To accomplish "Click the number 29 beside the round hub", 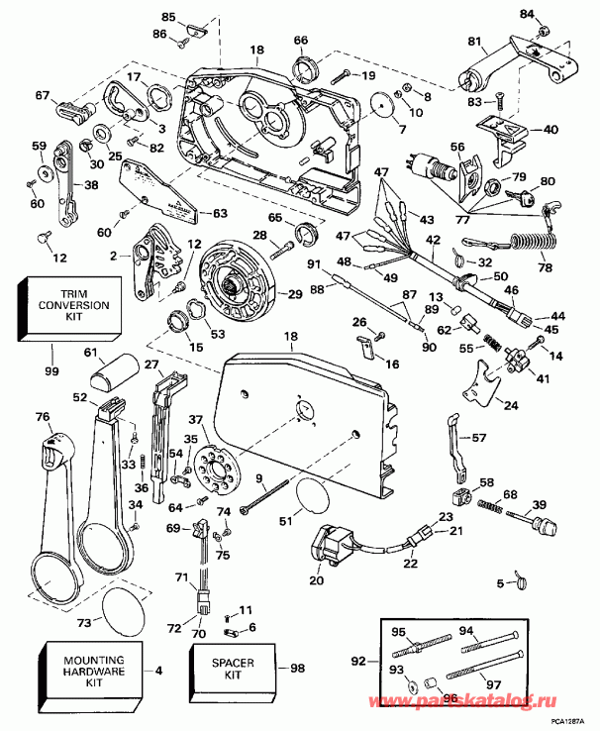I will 294,295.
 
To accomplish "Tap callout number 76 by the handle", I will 42,416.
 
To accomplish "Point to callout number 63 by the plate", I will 220,212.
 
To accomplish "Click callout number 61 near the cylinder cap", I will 91,352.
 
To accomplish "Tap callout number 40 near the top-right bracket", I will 550,130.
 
